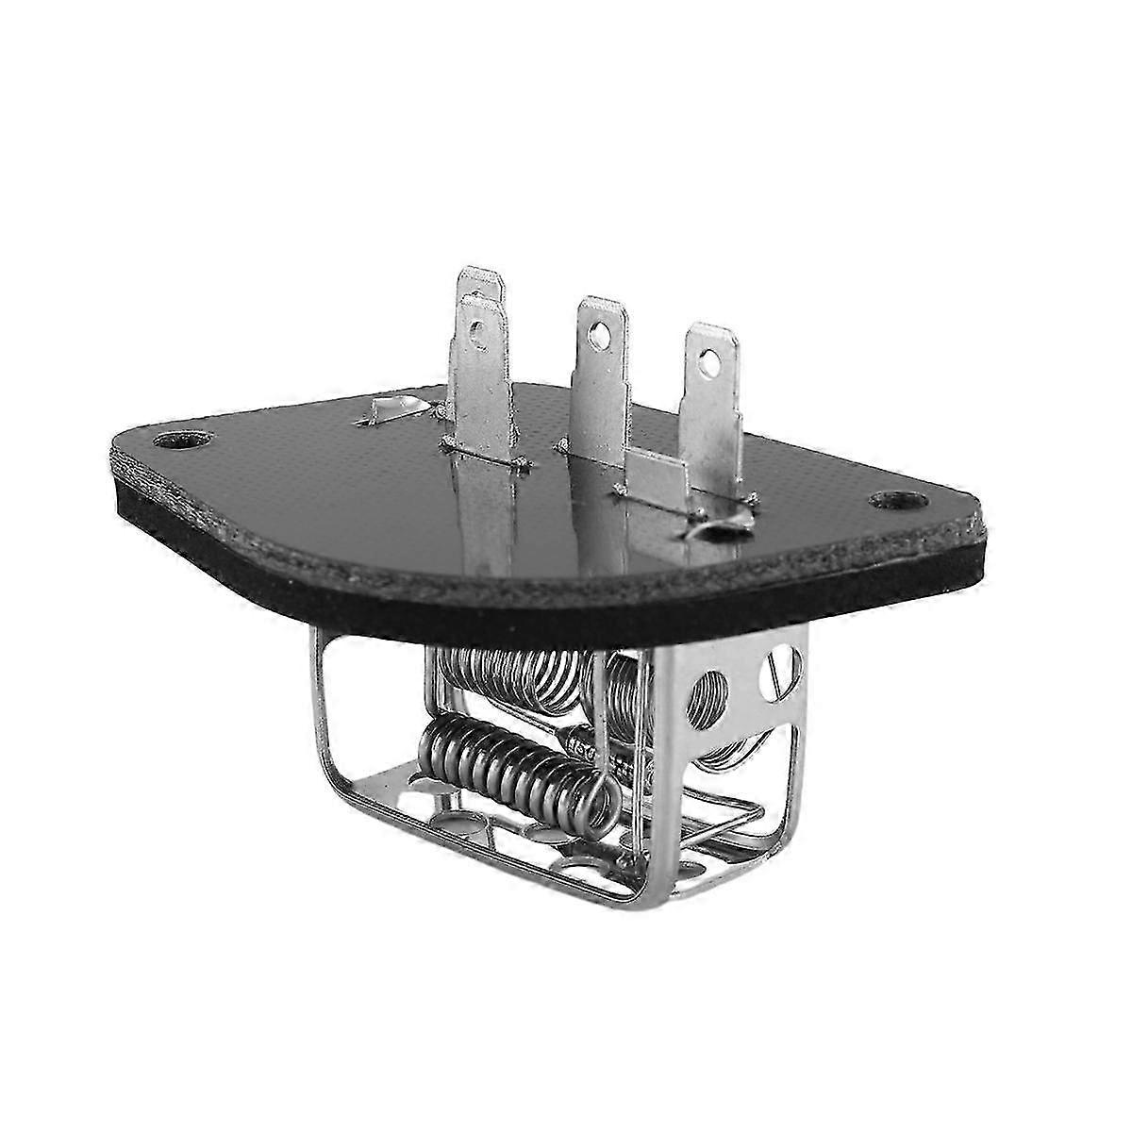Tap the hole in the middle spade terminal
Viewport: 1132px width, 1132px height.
[596, 333]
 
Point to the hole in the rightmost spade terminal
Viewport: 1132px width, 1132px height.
[707, 359]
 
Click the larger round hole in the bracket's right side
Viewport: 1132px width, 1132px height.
[708, 694]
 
